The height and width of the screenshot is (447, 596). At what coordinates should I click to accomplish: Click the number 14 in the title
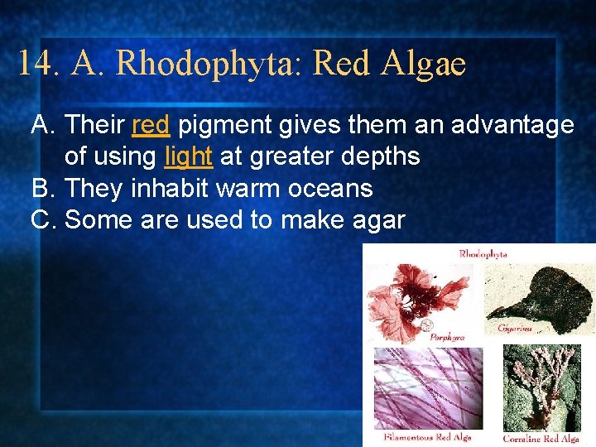click(36, 64)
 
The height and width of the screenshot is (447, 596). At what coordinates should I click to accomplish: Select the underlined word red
click(151, 126)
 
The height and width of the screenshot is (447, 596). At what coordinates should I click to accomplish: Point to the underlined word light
click(189, 156)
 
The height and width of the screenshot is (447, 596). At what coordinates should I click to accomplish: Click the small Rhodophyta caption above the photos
click(483, 254)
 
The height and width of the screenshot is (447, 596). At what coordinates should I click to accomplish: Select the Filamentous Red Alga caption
click(428, 436)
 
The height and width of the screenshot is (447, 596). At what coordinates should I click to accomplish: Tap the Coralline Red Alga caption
click(542, 438)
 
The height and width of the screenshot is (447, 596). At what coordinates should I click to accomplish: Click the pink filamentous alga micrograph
click(428, 387)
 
